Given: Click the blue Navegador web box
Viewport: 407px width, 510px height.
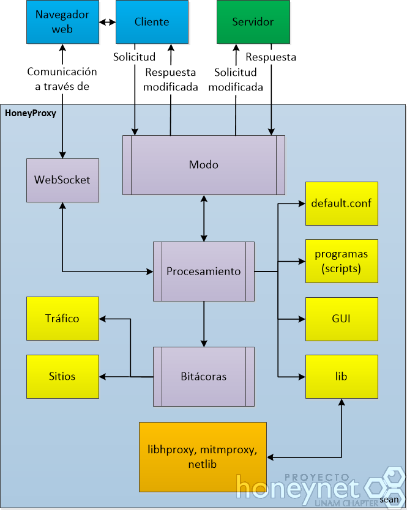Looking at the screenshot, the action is coord(62,22).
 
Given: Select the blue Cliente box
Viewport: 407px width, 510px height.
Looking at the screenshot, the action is coord(152,22).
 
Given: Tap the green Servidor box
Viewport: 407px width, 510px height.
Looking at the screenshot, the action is coord(253,22).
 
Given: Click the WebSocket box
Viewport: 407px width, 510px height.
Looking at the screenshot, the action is coord(62,180).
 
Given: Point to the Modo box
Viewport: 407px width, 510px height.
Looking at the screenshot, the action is coord(204,165).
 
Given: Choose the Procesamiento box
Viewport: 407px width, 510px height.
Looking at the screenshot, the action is coord(204,272).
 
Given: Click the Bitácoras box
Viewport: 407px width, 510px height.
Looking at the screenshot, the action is coord(204,377).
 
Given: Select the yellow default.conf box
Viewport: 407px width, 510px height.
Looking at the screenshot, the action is coord(342,204).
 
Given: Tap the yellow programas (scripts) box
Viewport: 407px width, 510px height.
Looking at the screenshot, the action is coord(342,261).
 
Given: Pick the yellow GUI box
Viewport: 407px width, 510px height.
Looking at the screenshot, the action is coord(342,319).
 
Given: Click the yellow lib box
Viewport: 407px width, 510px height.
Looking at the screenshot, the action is coord(342,377).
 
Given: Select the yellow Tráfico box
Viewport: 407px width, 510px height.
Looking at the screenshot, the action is coord(62,319).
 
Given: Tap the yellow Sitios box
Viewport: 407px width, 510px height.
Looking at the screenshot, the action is coord(62,377).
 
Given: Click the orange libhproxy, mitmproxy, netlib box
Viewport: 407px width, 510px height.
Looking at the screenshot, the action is coord(203,457).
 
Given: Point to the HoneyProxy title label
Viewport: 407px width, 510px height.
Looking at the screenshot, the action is coord(31,113).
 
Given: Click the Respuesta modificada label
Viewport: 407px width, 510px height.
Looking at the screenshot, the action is coord(171,79).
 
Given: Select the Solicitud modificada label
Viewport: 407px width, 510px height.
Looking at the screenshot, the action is coord(236,79).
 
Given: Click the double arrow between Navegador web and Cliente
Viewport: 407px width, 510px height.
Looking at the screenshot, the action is coord(108,22).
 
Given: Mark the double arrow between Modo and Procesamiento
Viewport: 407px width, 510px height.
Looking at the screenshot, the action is coord(204,218).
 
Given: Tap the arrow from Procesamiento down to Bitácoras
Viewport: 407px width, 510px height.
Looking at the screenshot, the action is coord(204,324).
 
